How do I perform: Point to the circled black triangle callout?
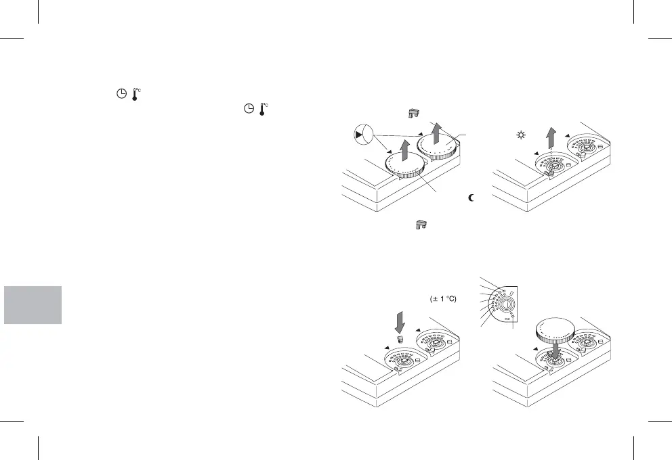click(x=363, y=135)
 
